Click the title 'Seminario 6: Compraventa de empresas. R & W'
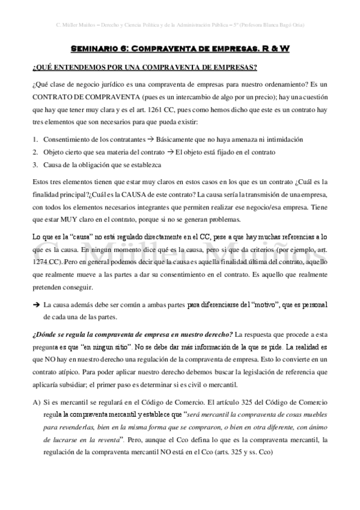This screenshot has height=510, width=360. (x=180, y=48)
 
